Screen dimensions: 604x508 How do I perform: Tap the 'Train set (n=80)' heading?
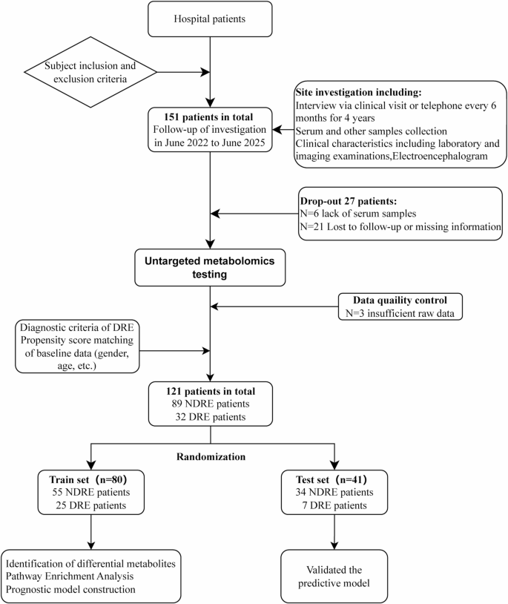point(86,477)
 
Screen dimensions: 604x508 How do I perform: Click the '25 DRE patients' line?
point(87,505)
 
